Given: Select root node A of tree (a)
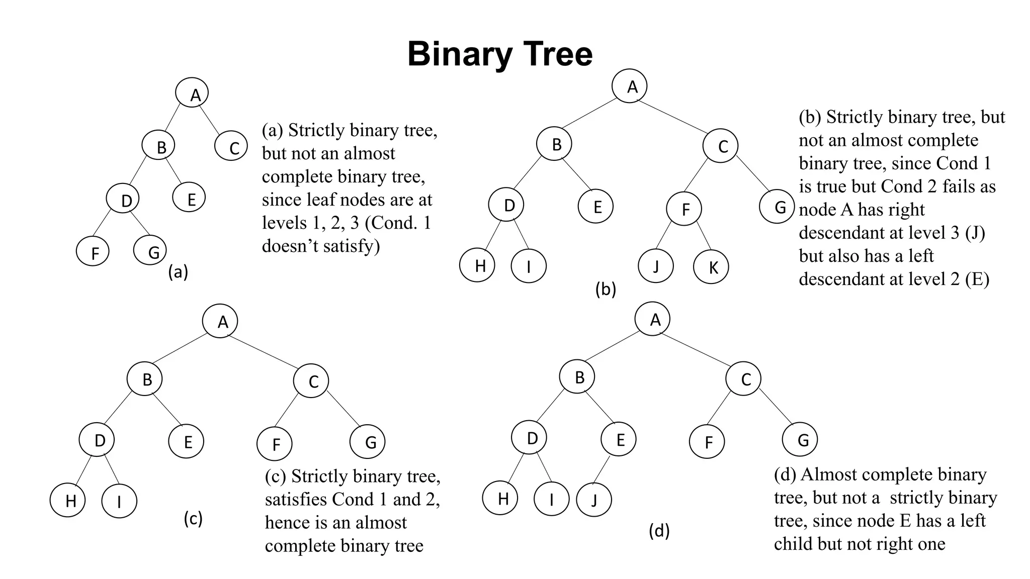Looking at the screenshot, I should [x=192, y=93].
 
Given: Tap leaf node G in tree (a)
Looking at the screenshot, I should [x=150, y=251].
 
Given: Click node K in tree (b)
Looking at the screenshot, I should [x=711, y=267].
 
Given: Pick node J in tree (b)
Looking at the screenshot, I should [x=656, y=265].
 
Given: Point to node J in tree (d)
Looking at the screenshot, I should [x=594, y=500].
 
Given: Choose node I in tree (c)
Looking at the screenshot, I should [x=119, y=501].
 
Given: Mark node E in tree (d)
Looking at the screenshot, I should [x=619, y=439].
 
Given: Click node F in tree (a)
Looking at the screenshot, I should [x=94, y=252].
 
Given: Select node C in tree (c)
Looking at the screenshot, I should [x=311, y=381].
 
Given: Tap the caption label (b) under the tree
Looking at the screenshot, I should [x=606, y=289].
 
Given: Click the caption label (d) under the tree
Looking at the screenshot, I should [x=659, y=531].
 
